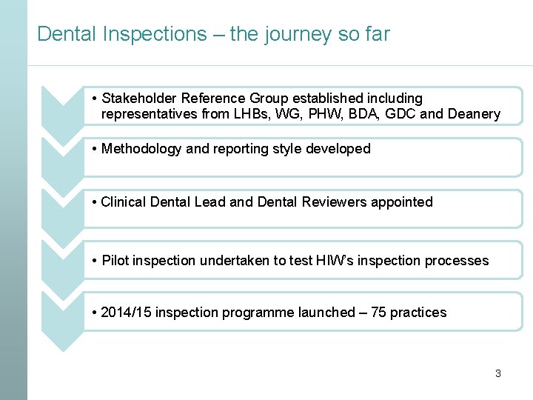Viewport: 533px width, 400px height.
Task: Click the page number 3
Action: coord(497,373)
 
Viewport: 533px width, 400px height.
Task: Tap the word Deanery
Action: coord(472,114)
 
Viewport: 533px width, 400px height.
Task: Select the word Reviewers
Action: coord(332,201)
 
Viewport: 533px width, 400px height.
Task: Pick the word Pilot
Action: coord(115,260)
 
